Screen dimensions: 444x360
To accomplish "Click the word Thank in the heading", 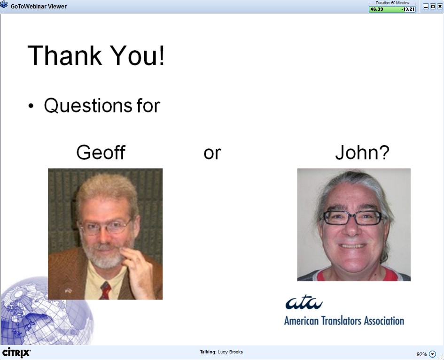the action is pyautogui.click(x=64, y=55).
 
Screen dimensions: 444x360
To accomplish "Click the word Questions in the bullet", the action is pyautogui.click(x=88, y=106).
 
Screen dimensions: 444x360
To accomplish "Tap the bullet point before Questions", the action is pyautogui.click(x=31, y=106).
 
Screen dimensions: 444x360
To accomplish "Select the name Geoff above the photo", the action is pyautogui.click(x=101, y=152).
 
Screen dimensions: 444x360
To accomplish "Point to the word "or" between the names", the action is pyautogui.click(x=212, y=153).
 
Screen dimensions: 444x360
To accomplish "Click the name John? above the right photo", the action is pyautogui.click(x=362, y=152).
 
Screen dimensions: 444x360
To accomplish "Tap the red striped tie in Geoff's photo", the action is pyautogui.click(x=105, y=291).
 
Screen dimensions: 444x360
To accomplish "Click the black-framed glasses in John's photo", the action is pyautogui.click(x=353, y=218).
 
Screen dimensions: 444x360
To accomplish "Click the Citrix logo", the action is pyautogui.click(x=16, y=352).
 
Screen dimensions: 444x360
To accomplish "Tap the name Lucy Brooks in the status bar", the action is pyautogui.click(x=230, y=352).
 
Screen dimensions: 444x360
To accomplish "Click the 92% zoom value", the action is pyautogui.click(x=421, y=354).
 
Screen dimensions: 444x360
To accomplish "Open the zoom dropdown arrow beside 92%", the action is pyautogui.click(x=432, y=354).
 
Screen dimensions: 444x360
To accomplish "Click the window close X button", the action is pyautogui.click(x=440, y=6).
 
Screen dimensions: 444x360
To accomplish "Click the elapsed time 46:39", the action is pyautogui.click(x=377, y=9).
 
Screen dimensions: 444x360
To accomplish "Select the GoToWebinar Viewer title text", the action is pyautogui.click(x=39, y=6).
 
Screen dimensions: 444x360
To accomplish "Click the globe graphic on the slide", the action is pyautogui.click(x=47, y=311).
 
